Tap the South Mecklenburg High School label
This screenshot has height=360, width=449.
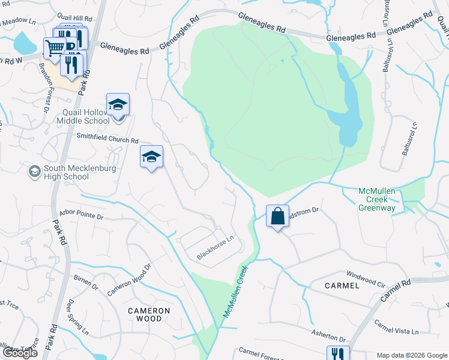(66, 173)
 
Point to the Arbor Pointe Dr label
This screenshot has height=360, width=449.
(82, 215)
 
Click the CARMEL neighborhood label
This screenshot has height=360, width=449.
(342, 286)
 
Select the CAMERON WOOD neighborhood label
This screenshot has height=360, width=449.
(149, 314)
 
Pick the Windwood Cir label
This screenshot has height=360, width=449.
(366, 278)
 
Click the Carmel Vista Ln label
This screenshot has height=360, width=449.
(396, 327)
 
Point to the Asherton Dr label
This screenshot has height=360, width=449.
(329, 335)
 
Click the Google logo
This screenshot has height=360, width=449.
(19, 353)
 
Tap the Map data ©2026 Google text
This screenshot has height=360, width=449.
(412, 355)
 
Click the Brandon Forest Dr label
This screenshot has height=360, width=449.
(43, 87)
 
